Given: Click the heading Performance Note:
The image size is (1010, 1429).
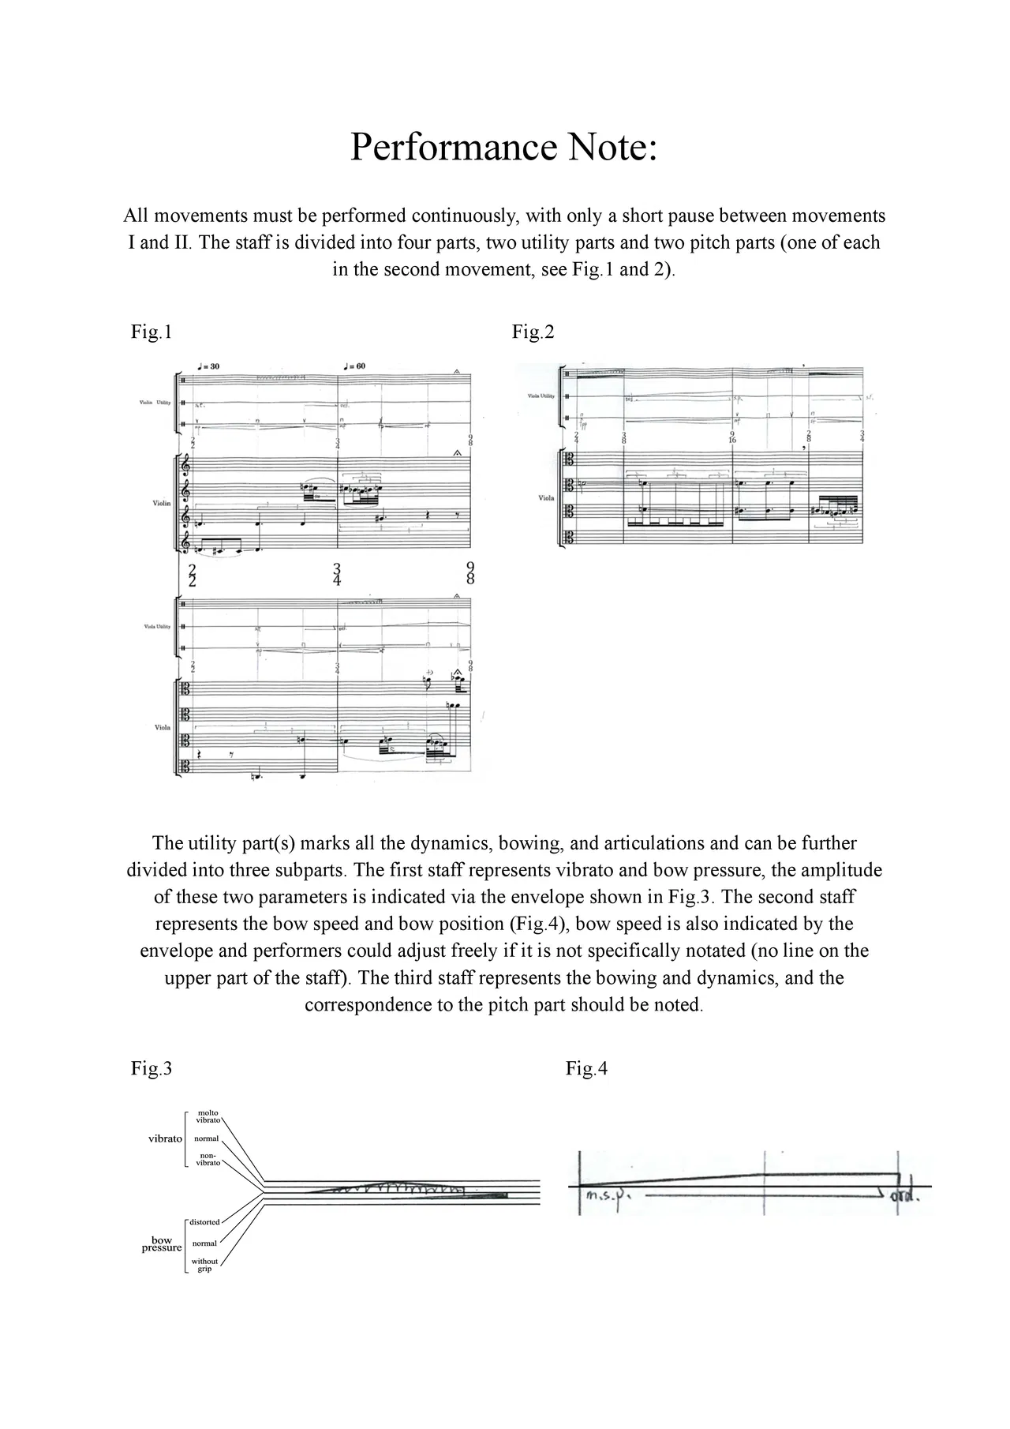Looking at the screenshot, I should pyautogui.click(x=503, y=148).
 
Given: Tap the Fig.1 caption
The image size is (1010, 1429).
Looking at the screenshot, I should pyautogui.click(x=151, y=332).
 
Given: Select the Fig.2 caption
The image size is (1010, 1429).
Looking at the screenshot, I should pyautogui.click(x=533, y=332).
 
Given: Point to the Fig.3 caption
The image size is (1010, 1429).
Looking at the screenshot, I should pyautogui.click(x=151, y=1069).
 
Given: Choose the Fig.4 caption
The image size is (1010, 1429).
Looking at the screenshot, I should pyautogui.click(x=586, y=1069).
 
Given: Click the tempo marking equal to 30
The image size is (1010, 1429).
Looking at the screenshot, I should pyautogui.click(x=209, y=366).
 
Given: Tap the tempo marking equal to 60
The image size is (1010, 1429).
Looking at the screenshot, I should pyautogui.click(x=354, y=366).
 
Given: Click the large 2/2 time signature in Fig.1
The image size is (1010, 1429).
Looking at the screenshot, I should pyautogui.click(x=192, y=574).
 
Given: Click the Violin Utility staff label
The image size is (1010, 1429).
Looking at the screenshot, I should pyautogui.click(x=155, y=403).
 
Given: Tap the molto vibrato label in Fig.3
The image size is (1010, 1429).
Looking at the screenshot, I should pyautogui.click(x=208, y=1116).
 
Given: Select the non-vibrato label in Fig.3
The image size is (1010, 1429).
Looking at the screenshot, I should pyautogui.click(x=208, y=1159).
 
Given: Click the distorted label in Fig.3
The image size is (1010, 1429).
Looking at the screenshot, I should pyautogui.click(x=204, y=1222).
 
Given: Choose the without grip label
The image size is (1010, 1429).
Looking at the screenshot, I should pyautogui.click(x=204, y=1265).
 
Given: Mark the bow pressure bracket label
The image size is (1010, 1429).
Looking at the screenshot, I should pyautogui.click(x=162, y=1244).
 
